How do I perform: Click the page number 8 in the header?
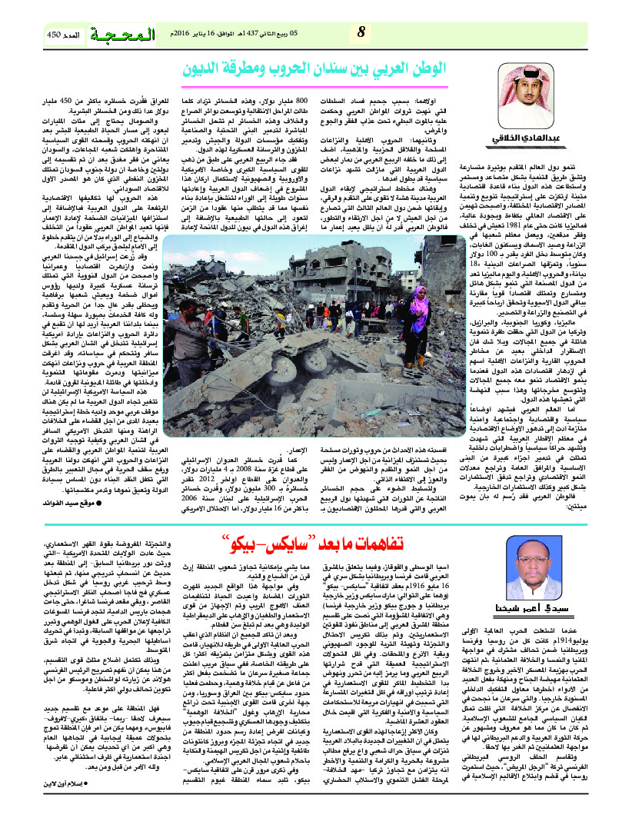pos(361,34)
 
